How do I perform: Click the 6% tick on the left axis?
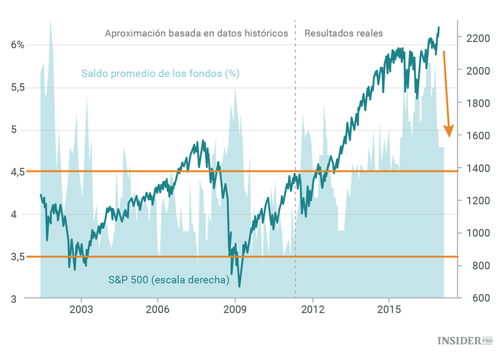coord(17,45)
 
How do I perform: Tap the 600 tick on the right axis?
coord(473,298)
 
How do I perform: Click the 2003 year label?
coord(81,309)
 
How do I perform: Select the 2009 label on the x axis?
coord(235,309)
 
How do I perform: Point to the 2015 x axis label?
coord(389,309)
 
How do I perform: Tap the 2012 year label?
coord(312,309)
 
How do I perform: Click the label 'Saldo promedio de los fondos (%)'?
coord(160,73)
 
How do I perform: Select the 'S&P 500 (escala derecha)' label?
coord(168,280)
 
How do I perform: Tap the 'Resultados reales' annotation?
coord(343,33)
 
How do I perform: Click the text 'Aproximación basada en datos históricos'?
coord(196,33)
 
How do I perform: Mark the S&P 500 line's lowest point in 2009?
coord(239,286)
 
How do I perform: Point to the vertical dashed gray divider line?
coord(295,166)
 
